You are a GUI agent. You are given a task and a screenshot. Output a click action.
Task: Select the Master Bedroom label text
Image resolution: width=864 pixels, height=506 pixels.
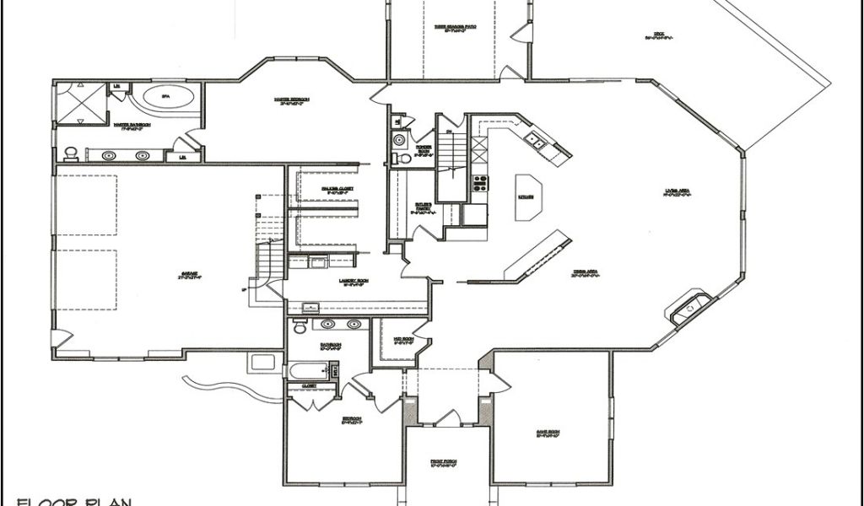(292, 100)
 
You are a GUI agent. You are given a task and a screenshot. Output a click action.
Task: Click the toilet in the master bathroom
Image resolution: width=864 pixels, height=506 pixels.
(71, 153)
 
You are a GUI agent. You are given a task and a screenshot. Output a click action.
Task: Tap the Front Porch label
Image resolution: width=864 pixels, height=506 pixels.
(443, 463)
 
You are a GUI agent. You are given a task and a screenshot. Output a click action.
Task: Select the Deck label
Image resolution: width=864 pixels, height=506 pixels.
(656, 35)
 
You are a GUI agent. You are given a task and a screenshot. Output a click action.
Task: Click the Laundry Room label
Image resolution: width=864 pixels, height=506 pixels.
(330, 283)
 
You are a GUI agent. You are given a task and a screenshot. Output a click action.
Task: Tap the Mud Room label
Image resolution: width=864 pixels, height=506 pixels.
(403, 340)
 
